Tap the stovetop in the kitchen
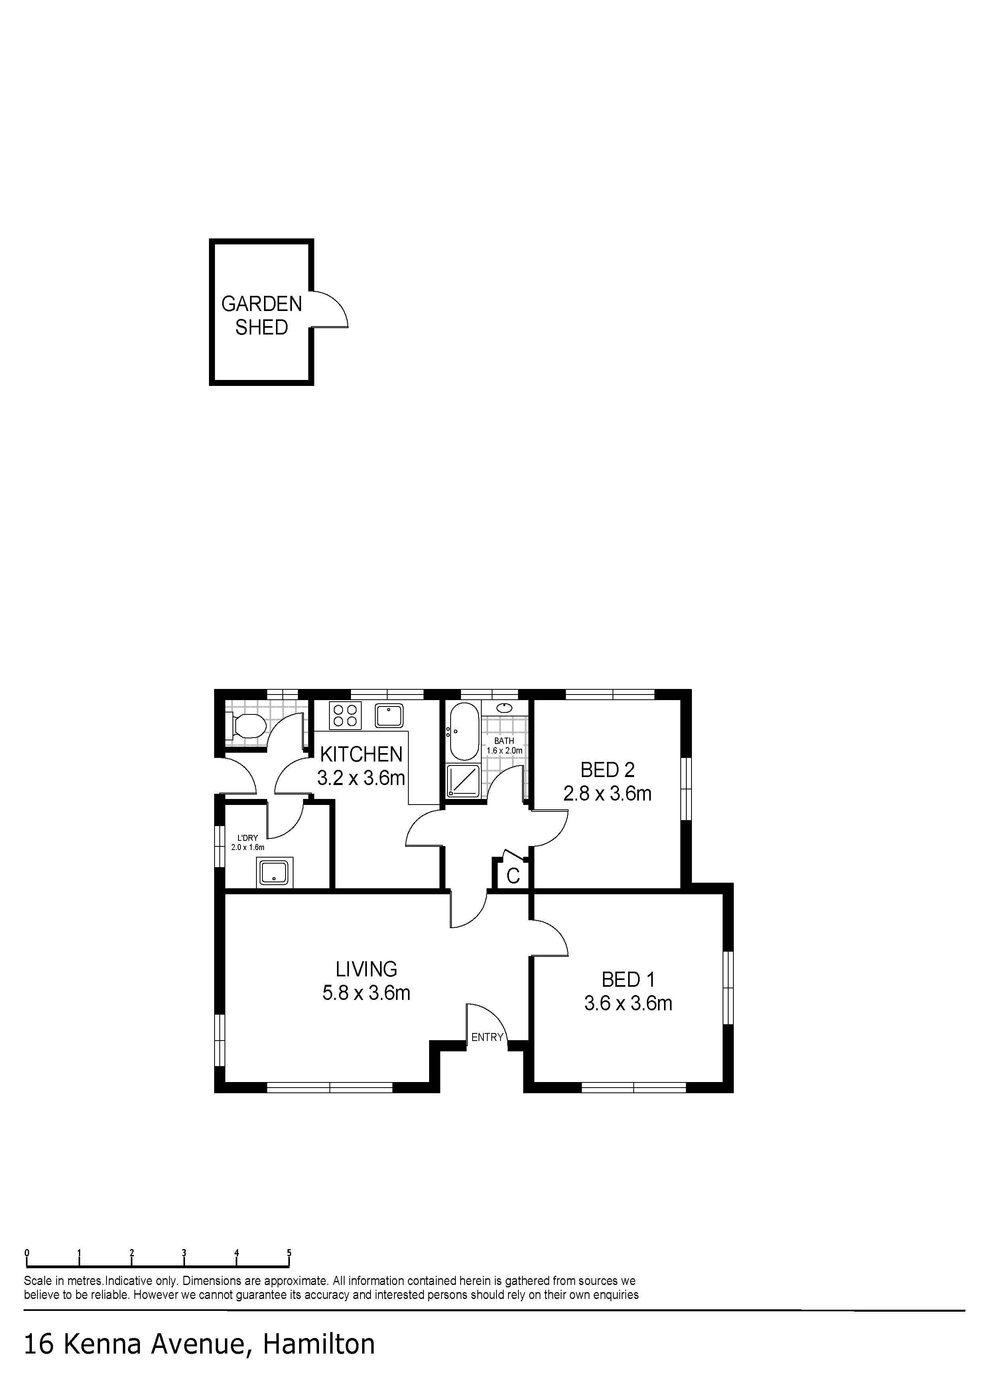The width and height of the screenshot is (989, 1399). (345, 715)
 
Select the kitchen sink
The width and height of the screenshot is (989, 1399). (389, 715)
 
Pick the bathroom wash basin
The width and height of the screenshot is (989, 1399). (504, 708)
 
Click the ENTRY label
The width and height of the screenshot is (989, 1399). (487, 1037)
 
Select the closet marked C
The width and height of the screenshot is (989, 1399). (513, 876)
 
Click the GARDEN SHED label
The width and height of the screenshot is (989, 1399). (262, 315)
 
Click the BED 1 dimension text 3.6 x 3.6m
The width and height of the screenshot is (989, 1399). (628, 1004)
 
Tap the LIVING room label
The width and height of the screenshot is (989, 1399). (366, 969)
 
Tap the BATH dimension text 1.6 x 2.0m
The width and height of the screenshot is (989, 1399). (504, 751)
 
